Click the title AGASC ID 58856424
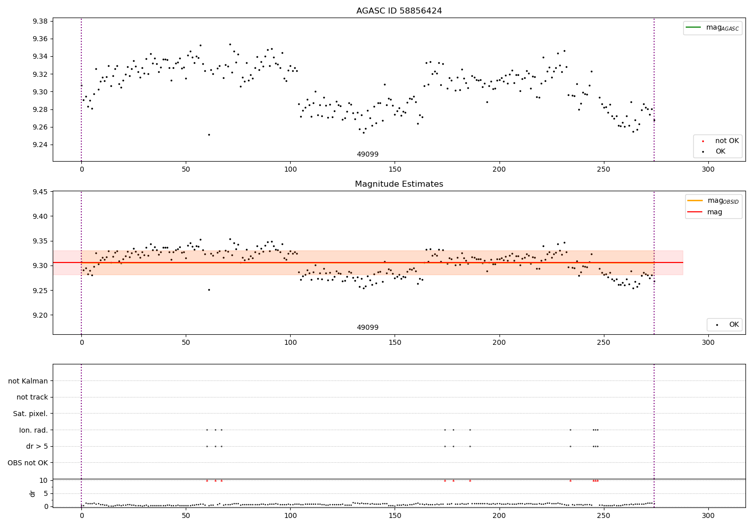pyautogui.click(x=399, y=11)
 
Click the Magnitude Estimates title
pyautogui.click(x=399, y=184)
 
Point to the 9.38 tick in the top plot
pyautogui.click(x=40, y=21)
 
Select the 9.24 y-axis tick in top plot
pyautogui.click(x=40, y=145)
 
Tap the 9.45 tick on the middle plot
pyautogui.click(x=40, y=192)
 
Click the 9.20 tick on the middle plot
pyautogui.click(x=40, y=315)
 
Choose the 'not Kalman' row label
pyautogui.click(x=28, y=381)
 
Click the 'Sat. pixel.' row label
pyautogui.click(x=31, y=414)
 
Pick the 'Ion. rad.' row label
pyautogui.click(x=34, y=430)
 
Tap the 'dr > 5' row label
pyautogui.click(x=37, y=446)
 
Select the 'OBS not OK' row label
pyautogui.click(x=28, y=463)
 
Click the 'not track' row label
pyautogui.click(x=32, y=397)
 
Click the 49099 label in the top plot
pyautogui.click(x=367, y=155)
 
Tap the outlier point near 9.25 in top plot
pyautogui.click(x=209, y=135)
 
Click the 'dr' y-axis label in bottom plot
pyautogui.click(x=33, y=493)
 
